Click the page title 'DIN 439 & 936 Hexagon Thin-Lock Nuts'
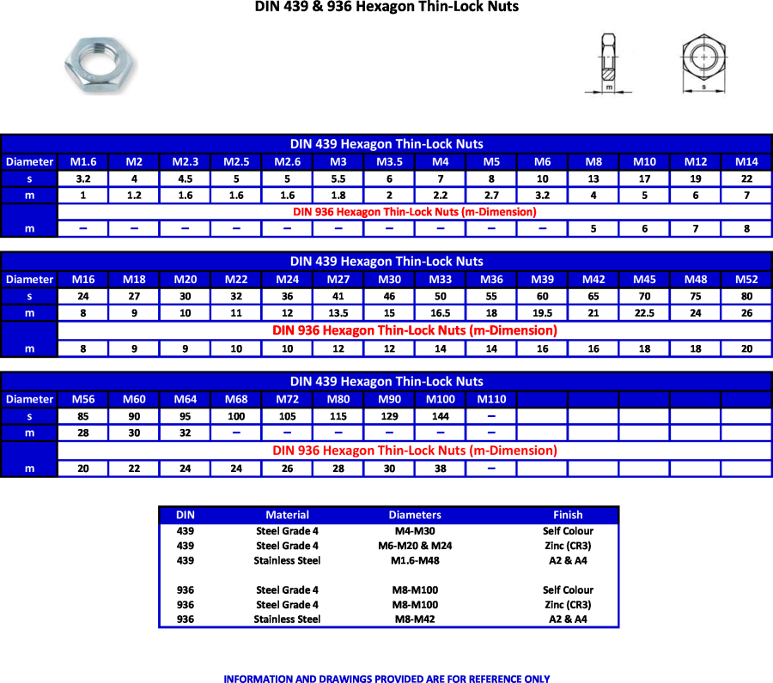(x=386, y=8)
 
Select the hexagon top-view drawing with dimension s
(x=703, y=60)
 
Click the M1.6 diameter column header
(x=83, y=161)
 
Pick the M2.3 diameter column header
(x=186, y=161)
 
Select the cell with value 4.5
(x=186, y=178)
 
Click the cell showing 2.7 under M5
(x=491, y=195)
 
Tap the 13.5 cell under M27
(x=338, y=313)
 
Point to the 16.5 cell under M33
(x=441, y=313)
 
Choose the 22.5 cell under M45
(x=644, y=313)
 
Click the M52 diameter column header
(x=746, y=279)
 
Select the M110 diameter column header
(x=491, y=399)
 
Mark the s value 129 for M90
(x=389, y=416)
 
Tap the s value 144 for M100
(x=441, y=416)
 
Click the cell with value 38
(x=441, y=468)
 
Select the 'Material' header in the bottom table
(x=287, y=515)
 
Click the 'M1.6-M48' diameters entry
(x=415, y=560)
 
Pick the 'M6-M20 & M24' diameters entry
(x=415, y=546)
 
